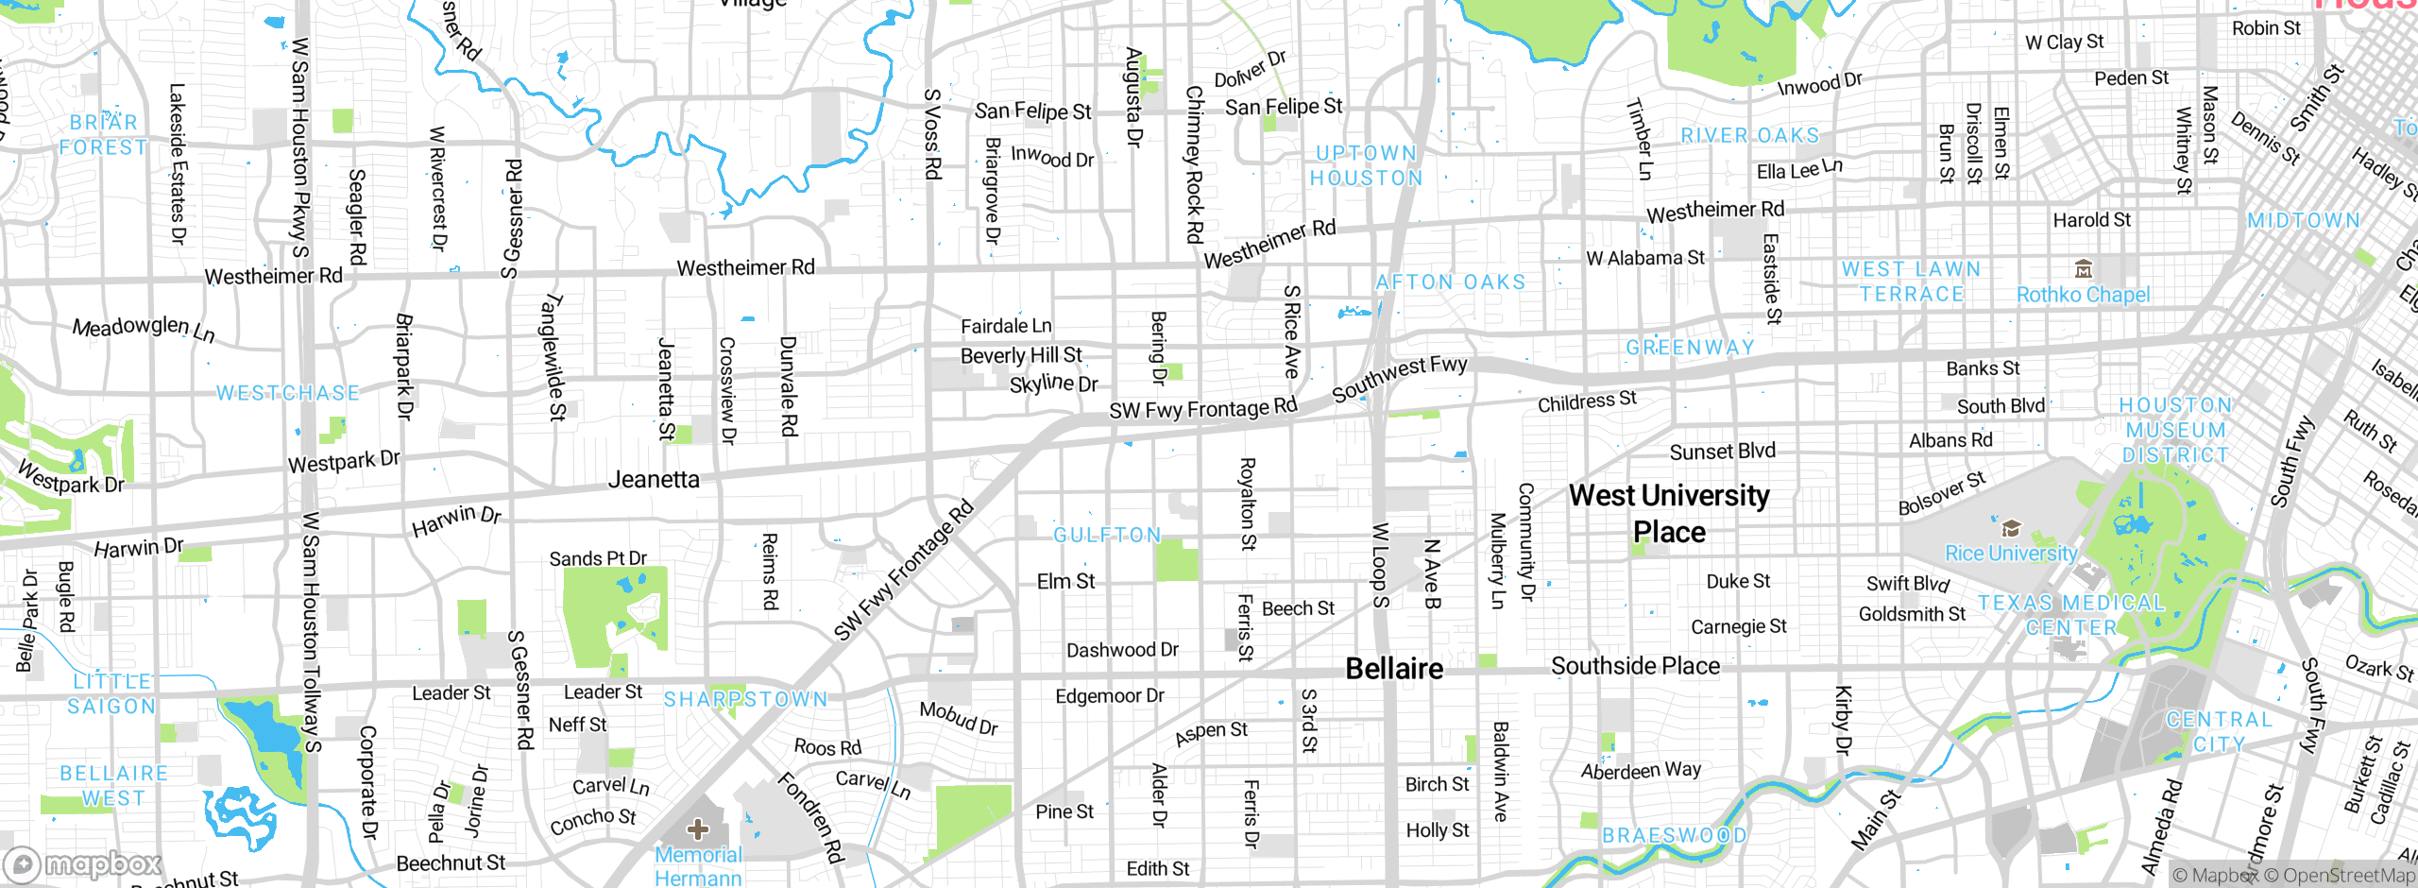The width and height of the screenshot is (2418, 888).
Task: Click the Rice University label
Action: coord(2011,554)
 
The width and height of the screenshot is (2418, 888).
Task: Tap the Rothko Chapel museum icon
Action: coord(2084,269)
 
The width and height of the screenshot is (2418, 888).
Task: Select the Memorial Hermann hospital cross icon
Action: coord(698,829)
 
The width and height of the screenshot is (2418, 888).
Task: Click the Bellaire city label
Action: coord(1394,669)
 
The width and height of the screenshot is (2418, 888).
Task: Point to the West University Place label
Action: coord(1669,513)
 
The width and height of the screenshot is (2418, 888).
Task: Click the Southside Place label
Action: coord(1635,666)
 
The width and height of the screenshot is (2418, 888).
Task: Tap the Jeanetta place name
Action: coord(654,479)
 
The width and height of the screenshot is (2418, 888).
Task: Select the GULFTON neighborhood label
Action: coord(1107,536)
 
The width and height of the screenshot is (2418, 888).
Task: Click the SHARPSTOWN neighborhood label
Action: coord(745,699)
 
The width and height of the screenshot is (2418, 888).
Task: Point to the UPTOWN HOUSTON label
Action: coord(1366,165)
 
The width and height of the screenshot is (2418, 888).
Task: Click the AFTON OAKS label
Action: coord(1450,282)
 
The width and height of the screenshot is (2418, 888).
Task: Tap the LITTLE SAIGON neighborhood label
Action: coord(111,693)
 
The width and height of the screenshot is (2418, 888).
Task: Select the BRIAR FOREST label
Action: coord(103,134)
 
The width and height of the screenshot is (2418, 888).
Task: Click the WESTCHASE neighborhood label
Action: coord(288,393)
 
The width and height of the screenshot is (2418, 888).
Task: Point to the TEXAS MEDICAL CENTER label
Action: coord(2070,614)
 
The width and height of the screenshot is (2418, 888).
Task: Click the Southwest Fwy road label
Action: coord(1400,377)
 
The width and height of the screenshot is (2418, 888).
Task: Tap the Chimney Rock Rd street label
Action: coord(1195,164)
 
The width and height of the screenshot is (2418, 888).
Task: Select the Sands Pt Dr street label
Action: coord(598,558)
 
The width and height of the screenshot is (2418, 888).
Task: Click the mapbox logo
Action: coord(83,863)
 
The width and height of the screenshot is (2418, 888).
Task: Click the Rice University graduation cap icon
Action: coord(2011,528)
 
